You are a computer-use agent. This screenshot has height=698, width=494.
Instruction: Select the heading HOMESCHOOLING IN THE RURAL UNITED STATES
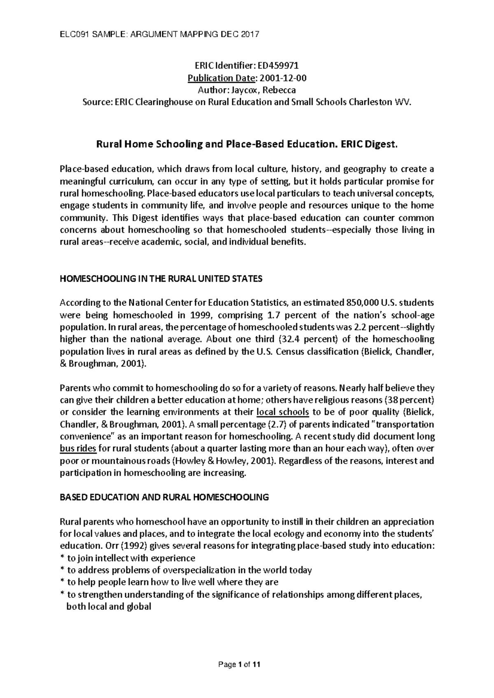161,279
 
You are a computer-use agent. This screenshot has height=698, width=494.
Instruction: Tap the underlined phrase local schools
282,412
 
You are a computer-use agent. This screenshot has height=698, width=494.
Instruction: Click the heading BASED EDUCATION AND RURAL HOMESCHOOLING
164,497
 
